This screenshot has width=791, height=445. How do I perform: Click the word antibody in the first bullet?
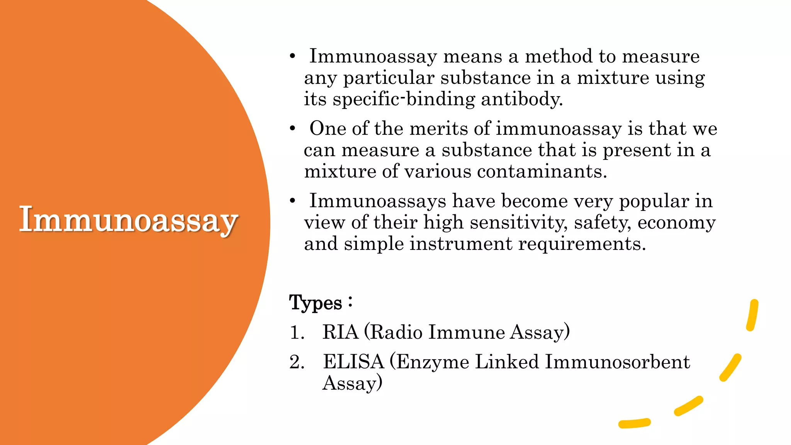[x=521, y=99]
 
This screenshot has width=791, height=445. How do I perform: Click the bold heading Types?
[x=316, y=302]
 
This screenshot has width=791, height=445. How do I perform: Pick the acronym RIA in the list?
[x=340, y=332]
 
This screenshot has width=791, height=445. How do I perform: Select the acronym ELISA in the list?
[x=353, y=362]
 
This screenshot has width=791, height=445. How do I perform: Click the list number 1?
[x=297, y=333]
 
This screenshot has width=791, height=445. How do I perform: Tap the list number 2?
[x=297, y=362]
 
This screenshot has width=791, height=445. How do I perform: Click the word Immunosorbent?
[x=617, y=362]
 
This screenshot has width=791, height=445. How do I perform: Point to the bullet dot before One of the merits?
[x=293, y=128]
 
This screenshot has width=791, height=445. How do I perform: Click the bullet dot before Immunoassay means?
[x=293, y=56]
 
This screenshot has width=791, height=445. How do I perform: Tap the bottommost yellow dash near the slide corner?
[x=634, y=423]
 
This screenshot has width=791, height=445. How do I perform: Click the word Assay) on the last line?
[x=352, y=383]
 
